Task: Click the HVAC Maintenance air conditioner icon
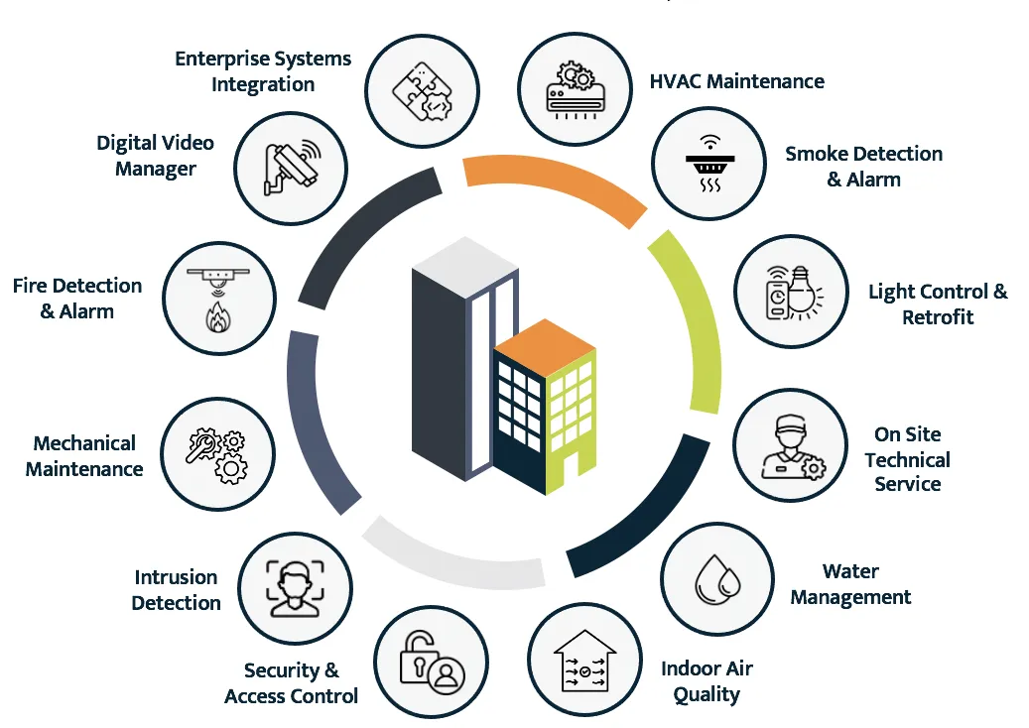click(x=576, y=89)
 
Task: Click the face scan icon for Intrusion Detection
click(x=295, y=586)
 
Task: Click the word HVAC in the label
click(x=675, y=81)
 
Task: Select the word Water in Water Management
click(x=850, y=571)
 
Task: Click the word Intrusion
click(x=176, y=577)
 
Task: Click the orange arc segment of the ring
click(x=556, y=182)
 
